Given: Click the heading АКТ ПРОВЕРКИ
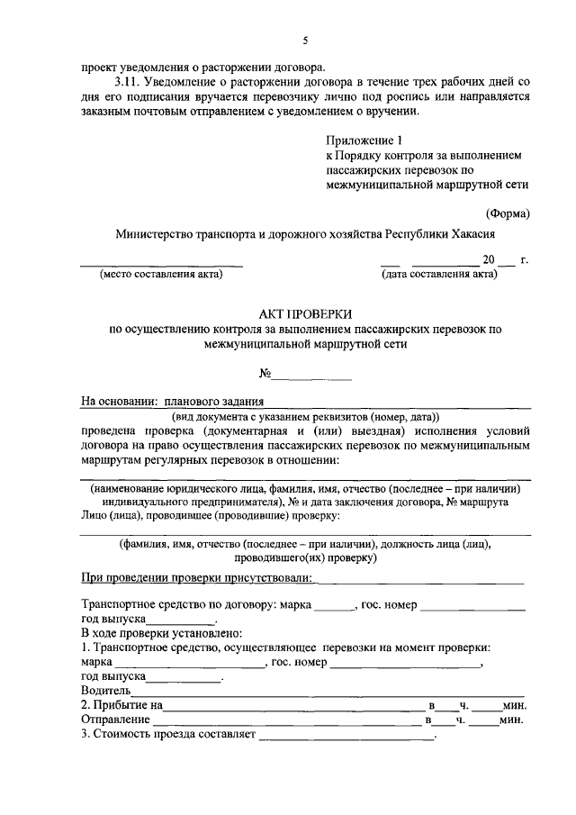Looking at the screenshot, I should click(305, 313).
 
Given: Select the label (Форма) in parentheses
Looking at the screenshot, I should click(508, 213).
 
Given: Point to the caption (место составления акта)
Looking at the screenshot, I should click(161, 275).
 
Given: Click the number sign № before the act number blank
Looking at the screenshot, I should click(265, 374).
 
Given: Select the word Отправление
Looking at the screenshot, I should click(115, 720).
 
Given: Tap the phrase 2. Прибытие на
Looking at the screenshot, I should click(121, 705).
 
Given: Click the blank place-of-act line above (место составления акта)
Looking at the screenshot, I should click(162, 264).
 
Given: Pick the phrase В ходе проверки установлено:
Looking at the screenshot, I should click(157, 634).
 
